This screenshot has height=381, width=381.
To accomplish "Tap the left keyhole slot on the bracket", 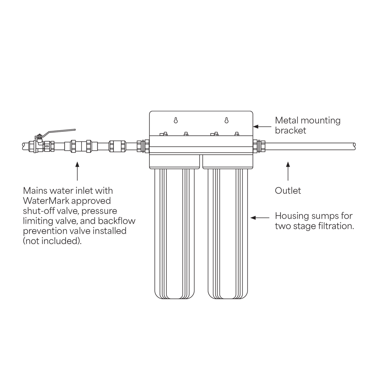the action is pyautogui.click(x=176, y=120).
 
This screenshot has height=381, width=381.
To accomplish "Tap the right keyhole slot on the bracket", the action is pyautogui.click(x=227, y=120).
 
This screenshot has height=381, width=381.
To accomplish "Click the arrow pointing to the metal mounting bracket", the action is pyautogui.click(x=262, y=126).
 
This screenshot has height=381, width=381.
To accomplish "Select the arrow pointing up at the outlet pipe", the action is pyautogui.click(x=288, y=171).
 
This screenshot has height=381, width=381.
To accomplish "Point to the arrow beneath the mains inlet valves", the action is pyautogui.click(x=77, y=171).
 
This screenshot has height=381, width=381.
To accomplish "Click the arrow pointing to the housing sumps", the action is pyautogui.click(x=260, y=218).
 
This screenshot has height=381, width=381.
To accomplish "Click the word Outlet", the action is pyautogui.click(x=288, y=190).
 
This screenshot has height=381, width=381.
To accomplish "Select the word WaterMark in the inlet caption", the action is pyautogui.click(x=46, y=201).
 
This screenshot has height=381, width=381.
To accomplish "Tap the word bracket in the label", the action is pyautogui.click(x=290, y=131).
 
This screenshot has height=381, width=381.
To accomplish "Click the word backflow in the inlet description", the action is pyautogui.click(x=117, y=221).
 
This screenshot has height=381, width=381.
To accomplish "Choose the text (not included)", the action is pyautogui.click(x=52, y=241).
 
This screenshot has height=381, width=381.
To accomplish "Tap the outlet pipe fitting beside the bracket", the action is pyautogui.click(x=259, y=146).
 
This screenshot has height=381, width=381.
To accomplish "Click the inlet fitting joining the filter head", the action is pyautogui.click(x=143, y=146).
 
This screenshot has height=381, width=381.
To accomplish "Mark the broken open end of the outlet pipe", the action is pyautogui.click(x=354, y=146).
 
